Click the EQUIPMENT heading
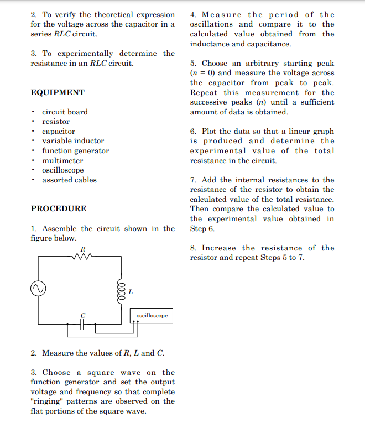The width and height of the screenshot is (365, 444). [x=58, y=92]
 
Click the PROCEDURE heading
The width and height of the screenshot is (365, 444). [x=59, y=208]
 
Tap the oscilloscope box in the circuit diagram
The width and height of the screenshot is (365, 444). [x=152, y=316]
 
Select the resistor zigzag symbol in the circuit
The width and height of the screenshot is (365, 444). [x=83, y=256]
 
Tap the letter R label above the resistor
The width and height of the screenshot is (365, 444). [x=83, y=249]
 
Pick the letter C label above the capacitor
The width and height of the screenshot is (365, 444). [x=83, y=315]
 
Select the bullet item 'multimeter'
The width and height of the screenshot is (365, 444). [x=62, y=160]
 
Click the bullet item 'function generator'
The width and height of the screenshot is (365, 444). [x=75, y=150]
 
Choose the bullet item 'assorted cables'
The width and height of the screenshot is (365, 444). [x=69, y=180]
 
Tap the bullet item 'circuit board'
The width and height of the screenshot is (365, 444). [x=65, y=112]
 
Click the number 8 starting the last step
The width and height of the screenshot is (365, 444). [x=192, y=248]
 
